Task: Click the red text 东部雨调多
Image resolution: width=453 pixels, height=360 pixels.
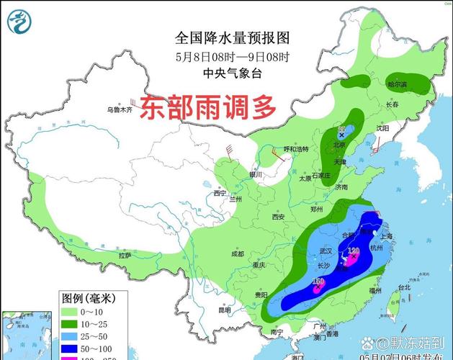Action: pos(208,109)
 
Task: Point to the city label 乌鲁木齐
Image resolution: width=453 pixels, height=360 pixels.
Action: pos(119,109)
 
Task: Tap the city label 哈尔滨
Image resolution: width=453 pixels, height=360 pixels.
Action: pos(397,84)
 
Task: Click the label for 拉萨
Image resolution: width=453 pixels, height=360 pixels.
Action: pos(125,256)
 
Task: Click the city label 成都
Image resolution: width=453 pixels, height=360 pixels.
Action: pos(238,253)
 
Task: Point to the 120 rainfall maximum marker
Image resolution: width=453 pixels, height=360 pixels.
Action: pos(353,252)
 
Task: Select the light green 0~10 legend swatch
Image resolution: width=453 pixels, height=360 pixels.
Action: pos(69,311)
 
